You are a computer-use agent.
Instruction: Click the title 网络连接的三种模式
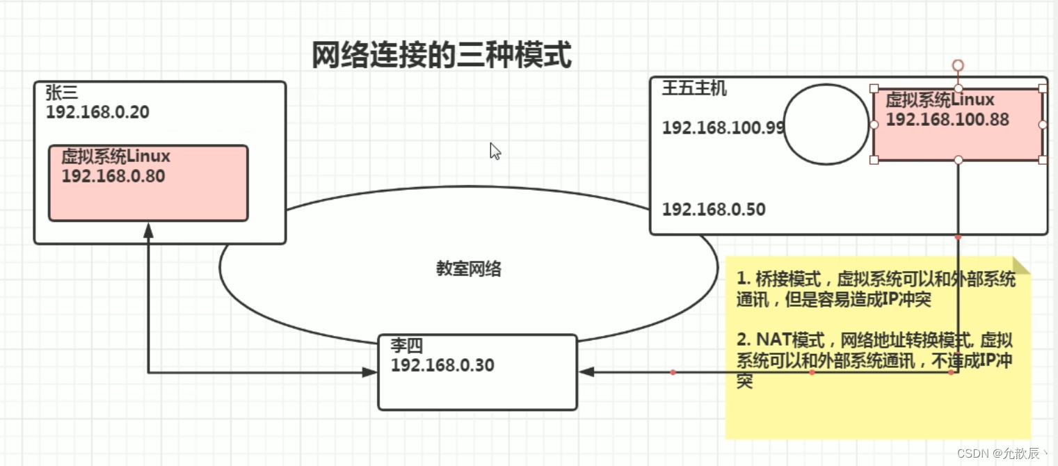pyautogui.click(x=441, y=56)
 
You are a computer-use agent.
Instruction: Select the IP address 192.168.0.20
pyautogui.click(x=97, y=112)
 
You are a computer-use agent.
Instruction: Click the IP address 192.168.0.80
pyautogui.click(x=113, y=176)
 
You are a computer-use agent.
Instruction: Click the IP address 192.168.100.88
pyautogui.click(x=947, y=120)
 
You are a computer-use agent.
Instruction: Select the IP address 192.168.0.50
pyautogui.click(x=714, y=209)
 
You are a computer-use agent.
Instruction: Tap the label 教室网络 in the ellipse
pyautogui.click(x=469, y=270)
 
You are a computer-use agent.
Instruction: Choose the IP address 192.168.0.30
pyautogui.click(x=442, y=364)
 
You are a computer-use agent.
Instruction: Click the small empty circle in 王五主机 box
pyautogui.click(x=826, y=124)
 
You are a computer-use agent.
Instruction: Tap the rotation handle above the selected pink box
pyautogui.click(x=958, y=65)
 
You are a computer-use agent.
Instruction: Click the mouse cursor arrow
pyautogui.click(x=495, y=151)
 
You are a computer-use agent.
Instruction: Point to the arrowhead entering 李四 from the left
pyautogui.click(x=370, y=373)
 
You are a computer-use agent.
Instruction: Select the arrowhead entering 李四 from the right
pyautogui.click(x=586, y=373)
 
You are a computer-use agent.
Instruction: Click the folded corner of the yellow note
pyautogui.click(x=1022, y=265)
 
